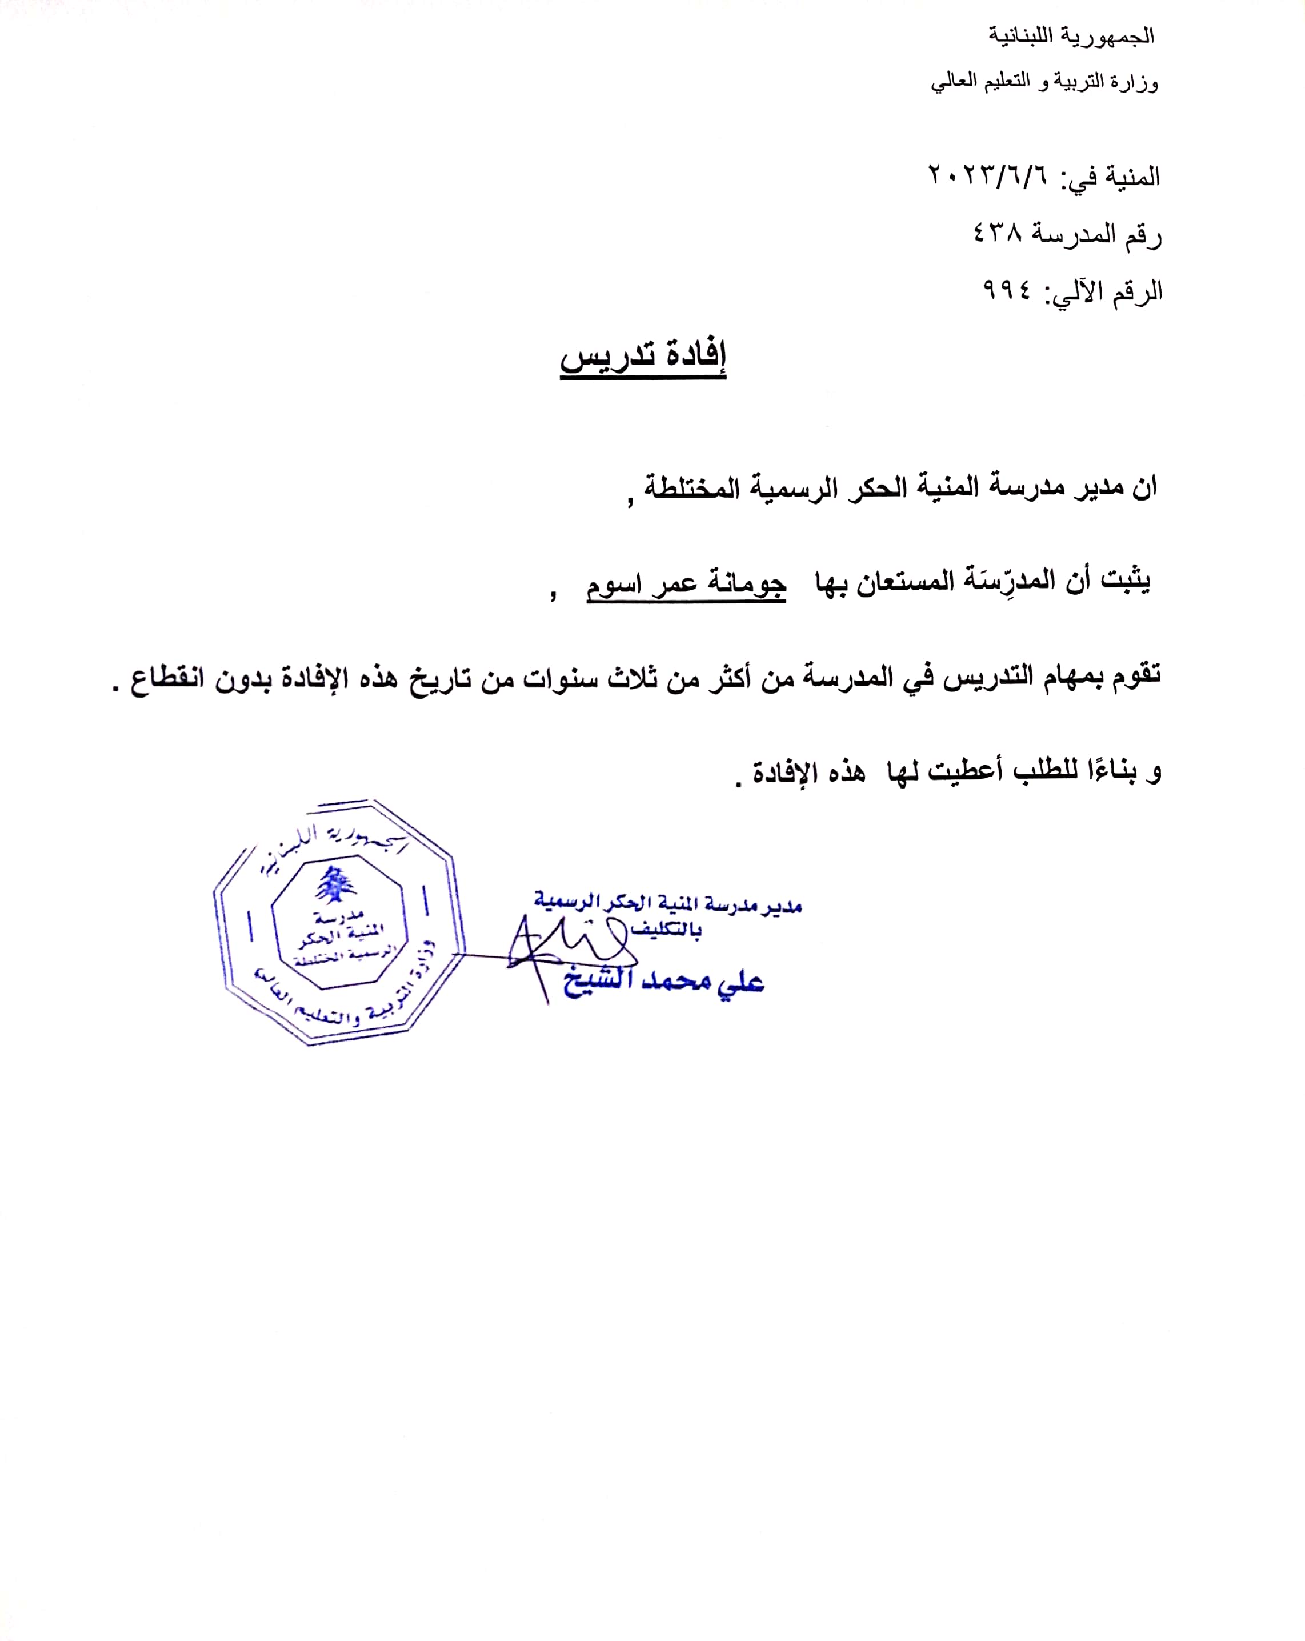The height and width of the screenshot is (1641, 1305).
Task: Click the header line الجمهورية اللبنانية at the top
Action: [1071, 36]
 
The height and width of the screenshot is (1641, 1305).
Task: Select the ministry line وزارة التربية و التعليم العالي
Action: [1044, 82]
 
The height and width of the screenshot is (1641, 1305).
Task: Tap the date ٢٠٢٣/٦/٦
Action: [987, 176]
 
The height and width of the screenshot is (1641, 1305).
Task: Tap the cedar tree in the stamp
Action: [335, 885]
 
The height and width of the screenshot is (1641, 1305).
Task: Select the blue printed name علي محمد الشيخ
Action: [663, 981]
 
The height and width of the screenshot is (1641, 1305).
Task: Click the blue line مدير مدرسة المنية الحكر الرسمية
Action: [667, 903]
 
